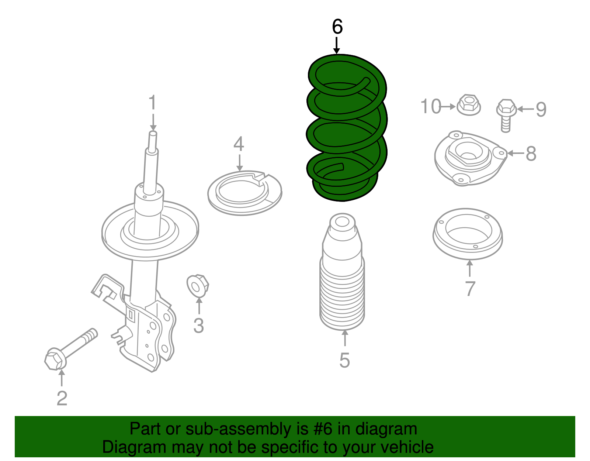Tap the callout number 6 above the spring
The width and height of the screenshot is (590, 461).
coord(337,27)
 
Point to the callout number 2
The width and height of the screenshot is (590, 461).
coord(62,398)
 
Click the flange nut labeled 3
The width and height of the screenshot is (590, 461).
coord(198,286)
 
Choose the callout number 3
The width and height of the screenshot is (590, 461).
coord(198,326)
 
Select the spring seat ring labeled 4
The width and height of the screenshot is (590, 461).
coord(244,193)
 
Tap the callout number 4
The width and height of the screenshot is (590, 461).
coord(239,144)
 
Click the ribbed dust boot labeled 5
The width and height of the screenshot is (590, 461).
coord(342,281)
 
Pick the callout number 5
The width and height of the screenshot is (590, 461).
coord(344,360)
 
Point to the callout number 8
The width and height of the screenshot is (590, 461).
coord(531,153)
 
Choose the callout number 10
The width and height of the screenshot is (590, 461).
coord(431,106)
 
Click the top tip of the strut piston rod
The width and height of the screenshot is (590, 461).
coord(153,133)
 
